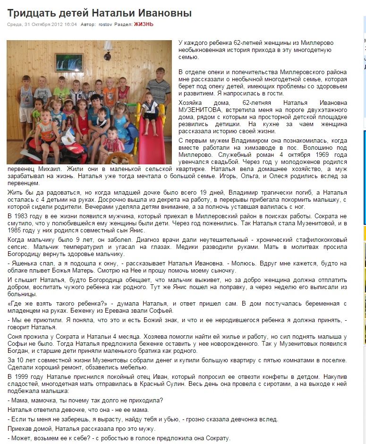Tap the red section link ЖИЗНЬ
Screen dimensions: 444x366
tap(144, 24)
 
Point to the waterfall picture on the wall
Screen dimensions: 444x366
tap(69, 62)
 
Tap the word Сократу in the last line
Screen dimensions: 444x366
tap(218, 438)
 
